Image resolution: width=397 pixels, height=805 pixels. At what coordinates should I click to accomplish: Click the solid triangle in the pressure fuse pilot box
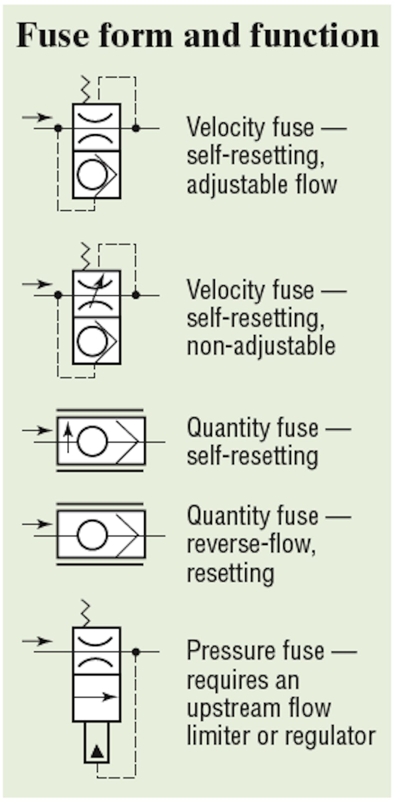coord(97,751)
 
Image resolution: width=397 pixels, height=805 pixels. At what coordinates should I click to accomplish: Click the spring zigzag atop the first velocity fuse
coord(86,89)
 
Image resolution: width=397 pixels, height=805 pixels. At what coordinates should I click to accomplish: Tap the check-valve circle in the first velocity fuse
coord(92,174)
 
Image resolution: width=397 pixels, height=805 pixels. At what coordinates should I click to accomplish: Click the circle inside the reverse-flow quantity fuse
coord(92,535)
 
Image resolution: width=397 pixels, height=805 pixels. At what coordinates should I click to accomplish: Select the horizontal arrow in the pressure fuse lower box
coord(97,697)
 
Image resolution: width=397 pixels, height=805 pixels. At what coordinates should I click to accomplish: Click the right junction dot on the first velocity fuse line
coord(136,128)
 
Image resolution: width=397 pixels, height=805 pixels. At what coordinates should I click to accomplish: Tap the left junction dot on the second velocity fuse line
coord(58,295)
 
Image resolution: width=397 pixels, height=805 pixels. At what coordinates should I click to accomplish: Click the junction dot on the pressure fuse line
coord(136,652)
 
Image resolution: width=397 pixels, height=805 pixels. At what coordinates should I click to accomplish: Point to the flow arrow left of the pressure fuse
coord(38,641)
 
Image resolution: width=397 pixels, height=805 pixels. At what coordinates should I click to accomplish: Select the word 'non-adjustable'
coord(261,346)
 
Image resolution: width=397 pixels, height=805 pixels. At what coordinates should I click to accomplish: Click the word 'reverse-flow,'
coord(251,544)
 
